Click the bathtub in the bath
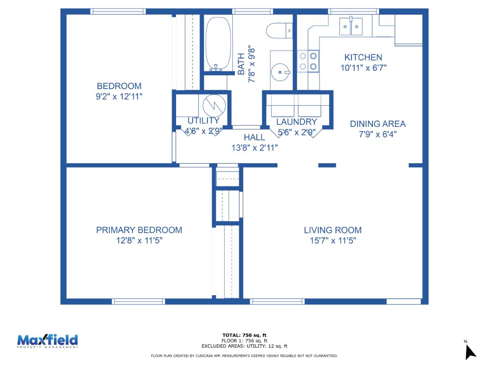pos(218,44)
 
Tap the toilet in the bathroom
pos(279,30)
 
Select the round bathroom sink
pos(280,72)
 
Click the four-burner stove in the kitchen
pos(308,61)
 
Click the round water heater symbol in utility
pos(214,106)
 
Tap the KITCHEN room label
pos(363,57)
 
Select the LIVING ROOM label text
pos(333,230)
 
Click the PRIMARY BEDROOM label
pos(139,230)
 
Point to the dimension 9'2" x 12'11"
pos(119,96)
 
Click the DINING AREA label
pos(378,124)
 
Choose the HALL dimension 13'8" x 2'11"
pos(254,148)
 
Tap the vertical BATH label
pos(241,64)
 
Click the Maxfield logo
pos(47,341)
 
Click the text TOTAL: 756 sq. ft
pos(244,335)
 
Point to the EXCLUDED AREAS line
pos(244,346)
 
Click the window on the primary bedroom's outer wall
pos(138,301)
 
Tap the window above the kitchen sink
pos(353,11)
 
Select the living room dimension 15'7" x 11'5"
pos(333,240)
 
